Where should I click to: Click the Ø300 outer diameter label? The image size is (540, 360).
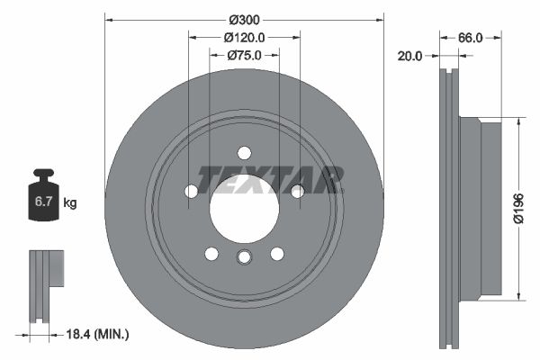tap(243, 18)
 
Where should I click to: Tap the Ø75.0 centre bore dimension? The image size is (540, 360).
tap(243, 56)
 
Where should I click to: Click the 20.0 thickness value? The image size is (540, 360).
tap(410, 56)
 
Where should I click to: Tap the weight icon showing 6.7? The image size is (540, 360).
tap(42, 200)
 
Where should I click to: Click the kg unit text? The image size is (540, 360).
tap(70, 203)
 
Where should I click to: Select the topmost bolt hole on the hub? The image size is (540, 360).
tap(243, 152)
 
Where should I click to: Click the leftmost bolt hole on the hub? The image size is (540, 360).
tap(191, 191)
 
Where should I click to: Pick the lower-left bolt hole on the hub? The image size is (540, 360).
tap(211, 253)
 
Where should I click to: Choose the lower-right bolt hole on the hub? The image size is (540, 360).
tap(276, 253)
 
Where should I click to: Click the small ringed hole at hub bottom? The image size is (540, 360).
tap(243, 259)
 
